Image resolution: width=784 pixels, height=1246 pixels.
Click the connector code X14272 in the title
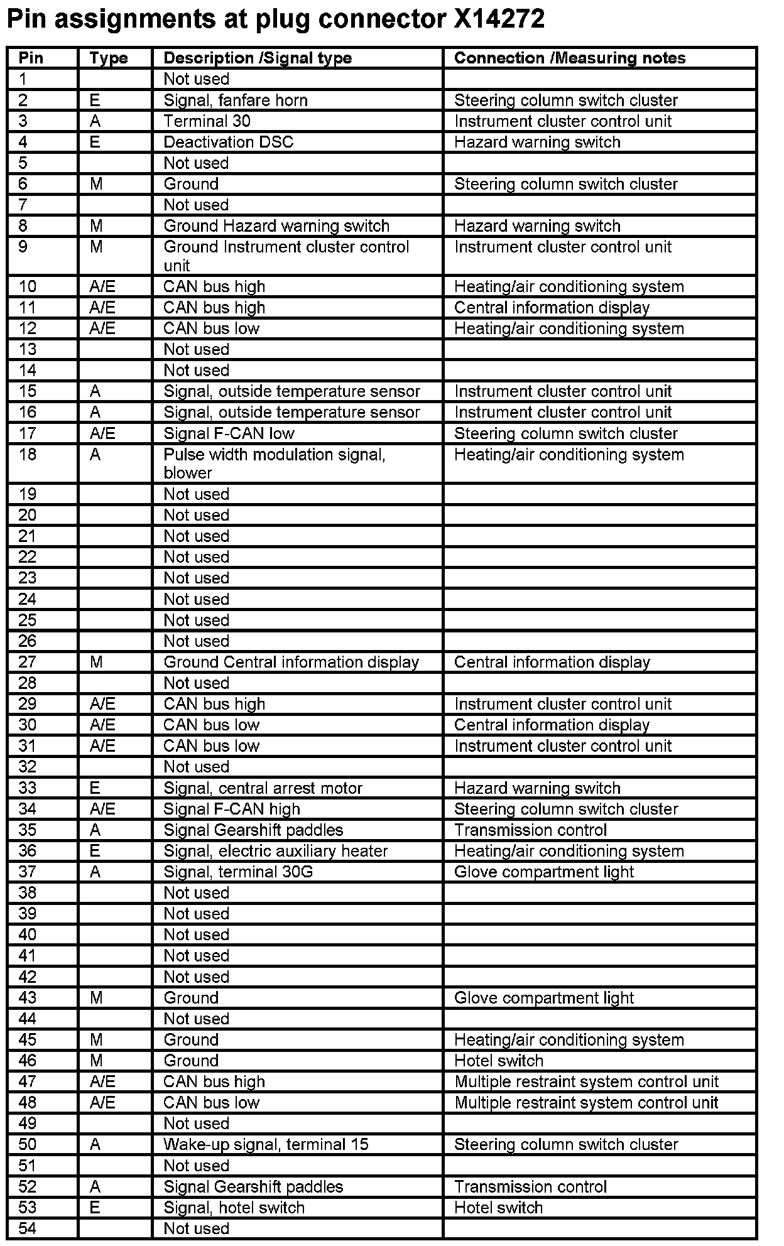tap(499, 20)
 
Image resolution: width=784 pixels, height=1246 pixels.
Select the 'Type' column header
tap(108, 58)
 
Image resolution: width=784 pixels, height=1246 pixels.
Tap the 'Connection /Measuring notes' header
tap(569, 58)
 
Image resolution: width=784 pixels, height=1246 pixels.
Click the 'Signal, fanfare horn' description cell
tap(236, 100)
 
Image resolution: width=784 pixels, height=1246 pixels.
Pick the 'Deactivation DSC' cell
tap(228, 142)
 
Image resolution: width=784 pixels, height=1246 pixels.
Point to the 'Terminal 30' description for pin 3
tap(207, 121)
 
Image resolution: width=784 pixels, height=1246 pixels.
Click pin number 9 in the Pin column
tap(23, 247)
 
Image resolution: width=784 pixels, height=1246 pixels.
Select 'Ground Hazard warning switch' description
tap(276, 226)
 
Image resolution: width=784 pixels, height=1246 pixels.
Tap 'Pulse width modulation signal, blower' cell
tap(275, 463)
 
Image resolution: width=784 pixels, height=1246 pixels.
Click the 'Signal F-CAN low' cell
tap(229, 433)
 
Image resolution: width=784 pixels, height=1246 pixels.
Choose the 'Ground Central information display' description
tap(291, 662)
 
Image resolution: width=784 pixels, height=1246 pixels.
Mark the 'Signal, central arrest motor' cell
tap(263, 788)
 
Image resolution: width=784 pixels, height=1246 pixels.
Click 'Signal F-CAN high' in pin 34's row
tap(232, 809)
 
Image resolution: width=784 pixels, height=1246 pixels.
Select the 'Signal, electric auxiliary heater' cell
tap(276, 851)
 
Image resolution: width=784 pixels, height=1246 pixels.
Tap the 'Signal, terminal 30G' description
tap(238, 872)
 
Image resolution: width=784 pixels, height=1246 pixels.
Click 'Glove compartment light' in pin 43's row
tap(543, 998)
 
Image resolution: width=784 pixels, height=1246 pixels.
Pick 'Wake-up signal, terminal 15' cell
tap(266, 1144)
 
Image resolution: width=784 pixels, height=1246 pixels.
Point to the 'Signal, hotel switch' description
tap(234, 1208)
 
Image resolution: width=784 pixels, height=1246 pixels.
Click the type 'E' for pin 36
tap(95, 851)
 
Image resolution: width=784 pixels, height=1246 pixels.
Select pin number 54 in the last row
tap(28, 1228)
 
